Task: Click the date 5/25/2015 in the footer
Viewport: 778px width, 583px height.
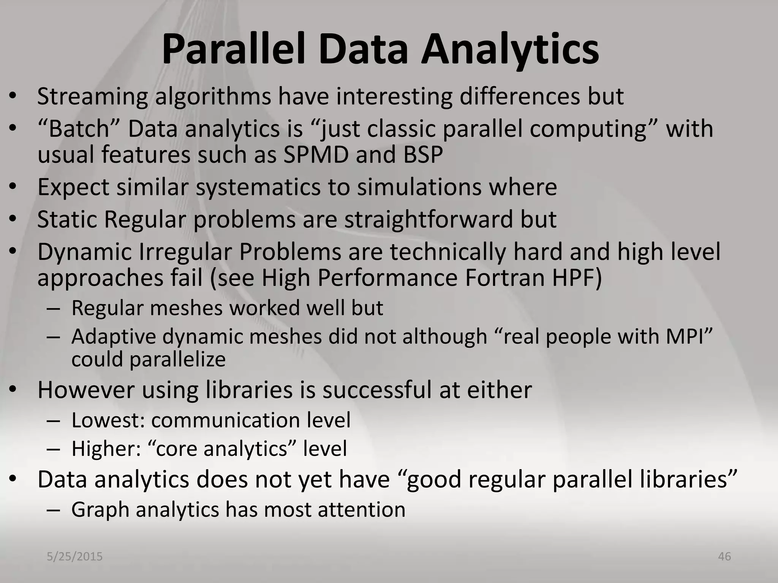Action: coord(75,556)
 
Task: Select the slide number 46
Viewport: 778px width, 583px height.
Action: coord(724,556)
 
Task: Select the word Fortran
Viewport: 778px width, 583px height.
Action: coord(505,278)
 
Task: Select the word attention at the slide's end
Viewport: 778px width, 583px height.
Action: coord(361,509)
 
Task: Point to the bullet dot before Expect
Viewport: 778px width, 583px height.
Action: coord(13,187)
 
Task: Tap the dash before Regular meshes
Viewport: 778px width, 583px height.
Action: coord(54,308)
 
